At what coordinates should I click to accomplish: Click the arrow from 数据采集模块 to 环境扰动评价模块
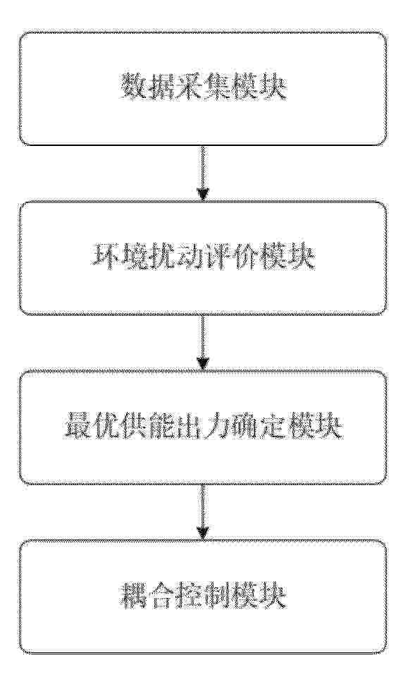(x=202, y=173)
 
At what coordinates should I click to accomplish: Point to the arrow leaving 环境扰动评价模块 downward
(x=202, y=343)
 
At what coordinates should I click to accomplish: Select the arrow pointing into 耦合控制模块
(x=202, y=512)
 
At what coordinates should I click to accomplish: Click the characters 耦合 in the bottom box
(x=147, y=597)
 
